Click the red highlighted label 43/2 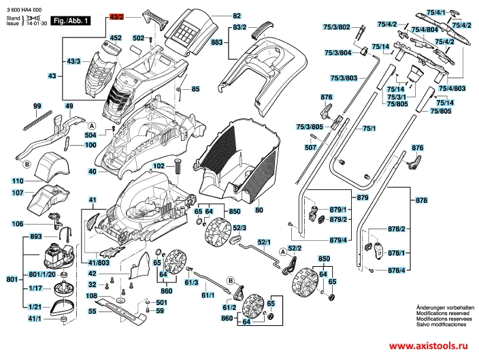118,15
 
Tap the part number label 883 217,42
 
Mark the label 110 17,181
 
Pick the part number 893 17,237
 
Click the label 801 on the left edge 11,279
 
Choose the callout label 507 311,147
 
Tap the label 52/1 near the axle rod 265,242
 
